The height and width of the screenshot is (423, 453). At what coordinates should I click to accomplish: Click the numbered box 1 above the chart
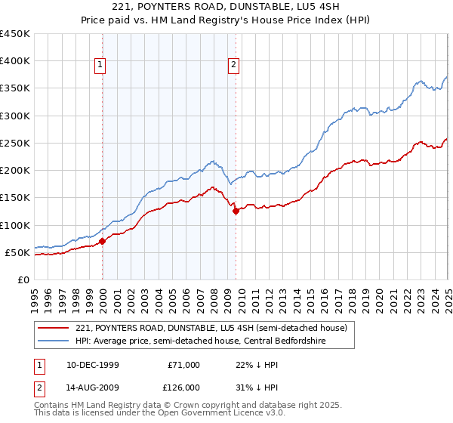[x=100, y=66]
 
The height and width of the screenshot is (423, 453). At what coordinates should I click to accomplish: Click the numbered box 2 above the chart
[x=234, y=66]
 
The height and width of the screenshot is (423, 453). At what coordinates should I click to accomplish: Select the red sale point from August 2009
[x=236, y=211]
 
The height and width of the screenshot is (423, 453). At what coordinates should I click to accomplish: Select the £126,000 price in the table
[x=183, y=387]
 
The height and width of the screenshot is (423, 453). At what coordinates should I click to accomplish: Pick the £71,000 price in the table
[x=183, y=365]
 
